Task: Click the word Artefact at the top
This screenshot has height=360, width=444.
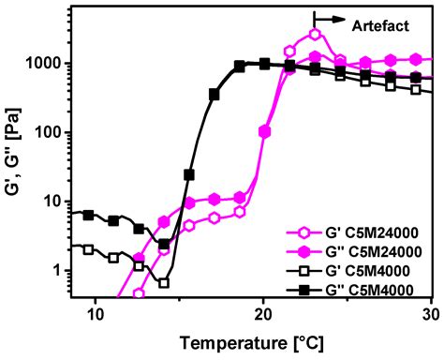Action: (383, 25)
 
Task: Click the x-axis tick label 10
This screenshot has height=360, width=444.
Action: (95, 314)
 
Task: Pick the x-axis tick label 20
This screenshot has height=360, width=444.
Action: (263, 314)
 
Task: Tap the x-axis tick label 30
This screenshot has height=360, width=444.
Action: (431, 314)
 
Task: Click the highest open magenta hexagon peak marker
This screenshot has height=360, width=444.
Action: (315, 34)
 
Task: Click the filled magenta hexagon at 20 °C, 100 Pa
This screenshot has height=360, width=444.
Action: (264, 132)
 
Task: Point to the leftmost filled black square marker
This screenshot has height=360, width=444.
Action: (89, 215)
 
